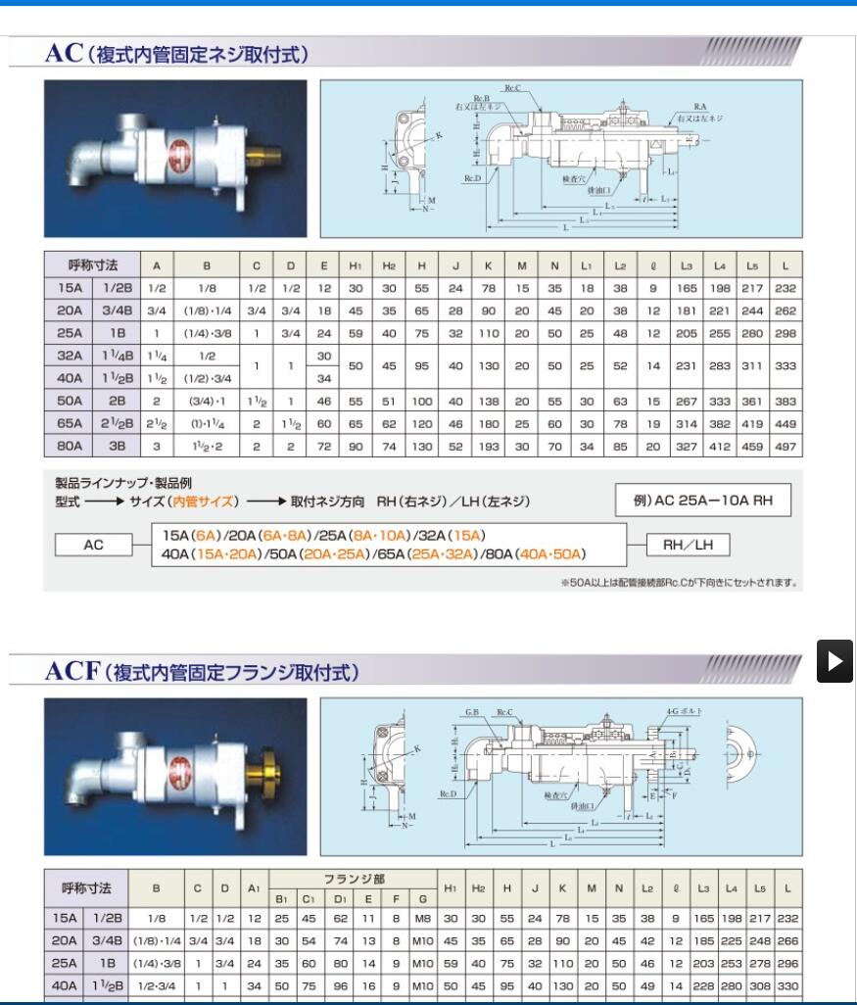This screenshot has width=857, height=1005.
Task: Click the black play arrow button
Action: coord(835,661)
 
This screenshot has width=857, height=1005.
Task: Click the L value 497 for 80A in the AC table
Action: coord(786,445)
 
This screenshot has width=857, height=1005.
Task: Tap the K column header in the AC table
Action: coord(488,265)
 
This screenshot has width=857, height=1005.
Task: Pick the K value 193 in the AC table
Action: coord(488,445)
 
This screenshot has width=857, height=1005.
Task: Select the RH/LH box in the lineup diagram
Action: coord(687,545)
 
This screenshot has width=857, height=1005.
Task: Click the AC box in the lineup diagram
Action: coord(93,545)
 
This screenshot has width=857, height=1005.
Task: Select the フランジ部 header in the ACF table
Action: coord(354,879)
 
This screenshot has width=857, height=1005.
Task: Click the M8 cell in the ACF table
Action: coord(422,918)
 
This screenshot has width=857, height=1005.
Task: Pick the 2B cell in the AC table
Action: coord(117,402)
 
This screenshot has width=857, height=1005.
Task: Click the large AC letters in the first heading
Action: coord(65,55)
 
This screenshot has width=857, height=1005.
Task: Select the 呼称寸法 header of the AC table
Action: coord(93,265)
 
